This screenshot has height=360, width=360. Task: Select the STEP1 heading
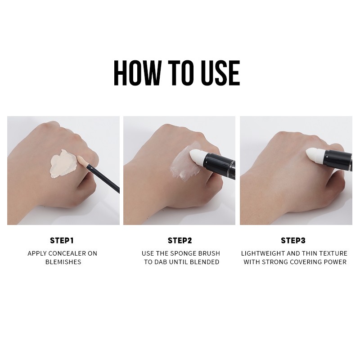(62, 240)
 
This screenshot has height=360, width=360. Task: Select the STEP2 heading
(180, 240)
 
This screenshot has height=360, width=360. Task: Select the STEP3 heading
(293, 240)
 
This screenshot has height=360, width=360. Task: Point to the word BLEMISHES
(63, 262)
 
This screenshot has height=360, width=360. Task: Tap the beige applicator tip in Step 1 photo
(82, 161)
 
